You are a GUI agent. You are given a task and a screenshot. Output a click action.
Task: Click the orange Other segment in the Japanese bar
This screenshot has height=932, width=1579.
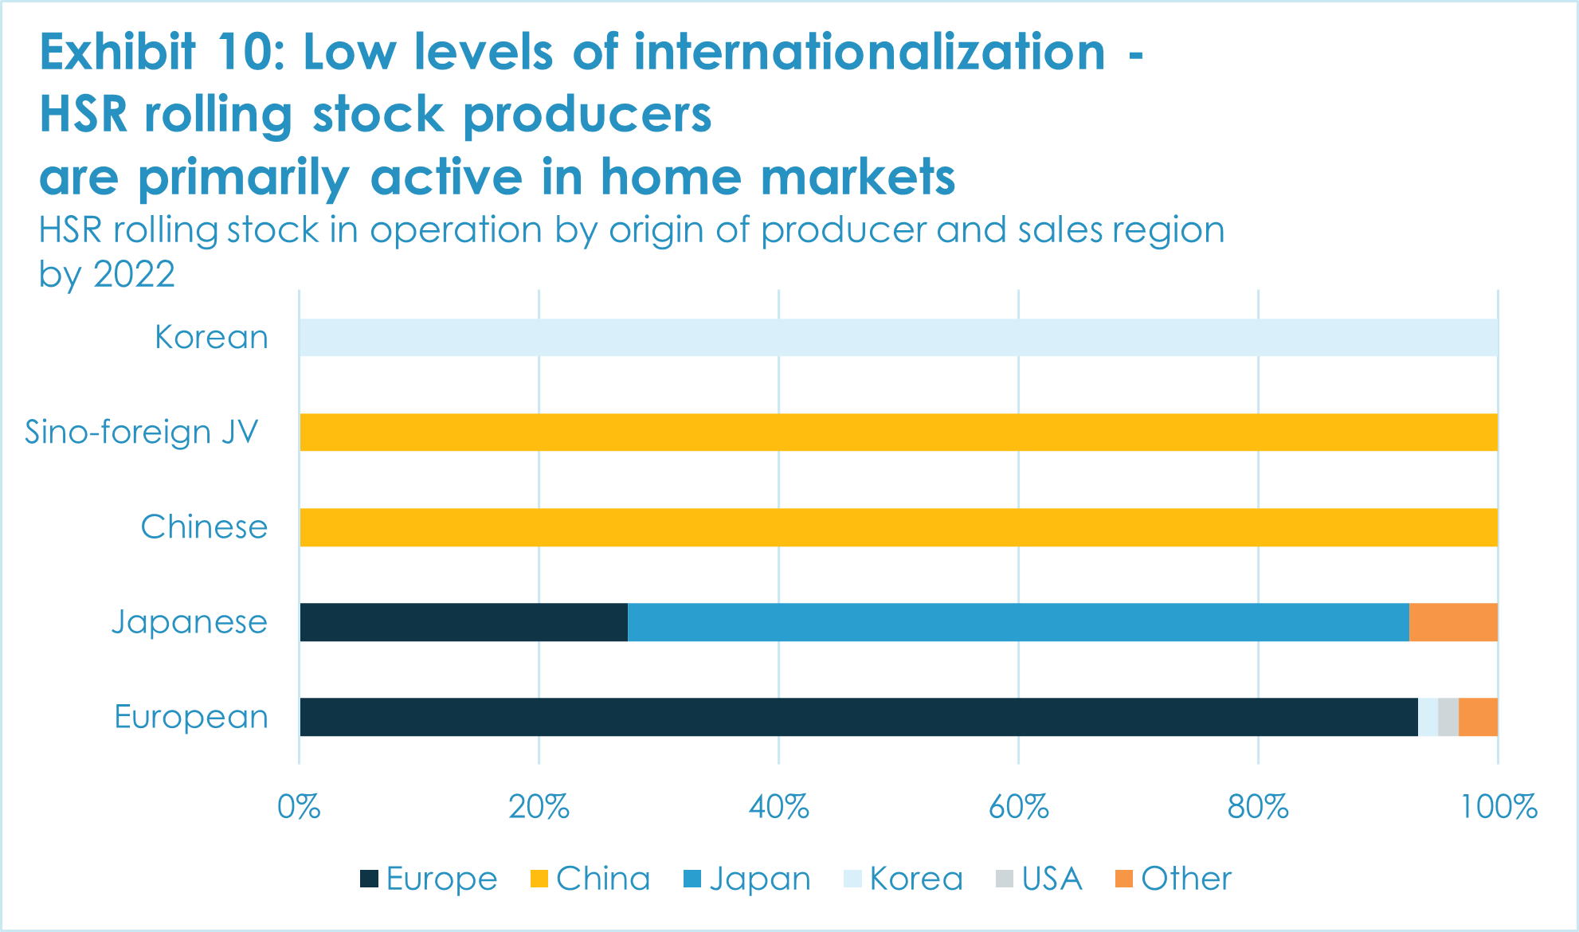(1453, 622)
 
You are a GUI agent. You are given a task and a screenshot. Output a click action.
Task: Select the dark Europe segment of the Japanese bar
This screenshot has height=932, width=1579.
(464, 622)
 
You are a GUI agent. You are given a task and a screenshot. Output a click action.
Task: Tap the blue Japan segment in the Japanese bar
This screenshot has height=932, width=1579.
(1018, 622)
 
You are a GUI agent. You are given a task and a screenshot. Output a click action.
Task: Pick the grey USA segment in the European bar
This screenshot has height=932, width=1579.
(1448, 717)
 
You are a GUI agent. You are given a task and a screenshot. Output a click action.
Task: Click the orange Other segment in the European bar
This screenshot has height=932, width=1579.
(1478, 717)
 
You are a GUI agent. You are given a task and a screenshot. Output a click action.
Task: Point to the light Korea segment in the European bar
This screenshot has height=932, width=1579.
(1428, 717)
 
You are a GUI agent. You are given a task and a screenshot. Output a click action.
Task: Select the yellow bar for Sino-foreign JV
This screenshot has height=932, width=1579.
(899, 433)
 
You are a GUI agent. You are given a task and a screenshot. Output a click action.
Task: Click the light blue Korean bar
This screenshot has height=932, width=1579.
(899, 338)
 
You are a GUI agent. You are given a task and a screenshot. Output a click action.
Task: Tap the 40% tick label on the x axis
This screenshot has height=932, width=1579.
(778, 808)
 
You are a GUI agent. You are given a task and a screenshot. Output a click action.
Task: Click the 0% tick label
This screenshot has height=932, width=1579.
(299, 808)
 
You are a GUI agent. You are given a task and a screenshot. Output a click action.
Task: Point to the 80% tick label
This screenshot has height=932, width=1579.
(1258, 808)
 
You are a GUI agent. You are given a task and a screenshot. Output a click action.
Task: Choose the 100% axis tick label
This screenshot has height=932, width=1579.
(1498, 808)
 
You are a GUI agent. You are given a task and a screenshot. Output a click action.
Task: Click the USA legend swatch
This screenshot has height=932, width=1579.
(1005, 879)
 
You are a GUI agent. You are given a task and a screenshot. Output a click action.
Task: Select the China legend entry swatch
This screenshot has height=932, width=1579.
(539, 879)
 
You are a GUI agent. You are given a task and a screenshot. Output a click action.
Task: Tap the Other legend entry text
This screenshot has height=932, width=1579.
(1186, 879)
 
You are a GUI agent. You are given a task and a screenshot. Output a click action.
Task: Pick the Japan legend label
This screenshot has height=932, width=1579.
(760, 879)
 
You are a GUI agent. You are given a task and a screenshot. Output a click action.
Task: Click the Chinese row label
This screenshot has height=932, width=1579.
(204, 527)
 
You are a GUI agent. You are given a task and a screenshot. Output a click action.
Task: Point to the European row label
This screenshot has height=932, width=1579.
(191, 717)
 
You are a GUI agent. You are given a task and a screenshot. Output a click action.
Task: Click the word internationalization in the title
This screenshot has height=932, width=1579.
(869, 53)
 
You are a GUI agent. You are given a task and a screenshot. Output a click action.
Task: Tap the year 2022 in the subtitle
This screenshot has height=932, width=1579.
(134, 275)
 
